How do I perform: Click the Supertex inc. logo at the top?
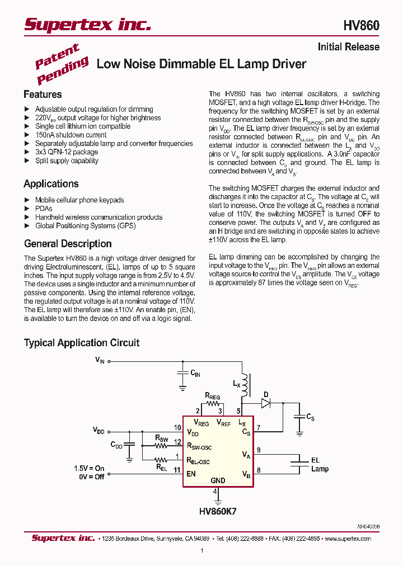(87, 24)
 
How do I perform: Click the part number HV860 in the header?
(361, 26)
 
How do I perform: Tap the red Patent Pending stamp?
(61, 63)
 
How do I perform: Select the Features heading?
(43, 95)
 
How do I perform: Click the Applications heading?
(51, 184)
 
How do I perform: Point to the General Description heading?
(68, 244)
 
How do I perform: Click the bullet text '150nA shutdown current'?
(71, 135)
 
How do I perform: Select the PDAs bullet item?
(44, 209)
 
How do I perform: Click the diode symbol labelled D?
(266, 402)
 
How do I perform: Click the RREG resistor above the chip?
(212, 403)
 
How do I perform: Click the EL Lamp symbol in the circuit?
(297, 464)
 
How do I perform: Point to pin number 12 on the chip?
(177, 442)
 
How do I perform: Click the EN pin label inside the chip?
(191, 473)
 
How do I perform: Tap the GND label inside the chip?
(218, 480)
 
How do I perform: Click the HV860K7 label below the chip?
(218, 511)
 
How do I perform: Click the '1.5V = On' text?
(90, 468)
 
